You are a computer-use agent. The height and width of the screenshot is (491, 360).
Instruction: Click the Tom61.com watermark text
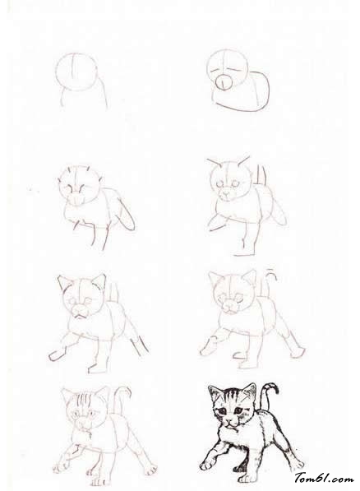[325, 478]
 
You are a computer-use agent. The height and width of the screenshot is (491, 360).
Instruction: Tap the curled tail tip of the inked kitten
[275, 387]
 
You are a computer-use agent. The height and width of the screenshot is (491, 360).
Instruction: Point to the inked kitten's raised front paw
[207, 465]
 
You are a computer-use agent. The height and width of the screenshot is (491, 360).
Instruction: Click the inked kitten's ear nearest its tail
[250, 391]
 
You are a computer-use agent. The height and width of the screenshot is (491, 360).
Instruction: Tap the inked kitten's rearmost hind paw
[297, 464]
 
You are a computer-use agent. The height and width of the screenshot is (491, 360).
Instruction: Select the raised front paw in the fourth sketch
[215, 224]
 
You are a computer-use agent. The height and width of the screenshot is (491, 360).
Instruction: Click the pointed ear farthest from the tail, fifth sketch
[64, 282]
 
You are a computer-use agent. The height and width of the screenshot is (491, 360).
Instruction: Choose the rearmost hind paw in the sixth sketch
[298, 352]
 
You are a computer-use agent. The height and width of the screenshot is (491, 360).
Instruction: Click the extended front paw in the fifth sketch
[57, 355]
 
